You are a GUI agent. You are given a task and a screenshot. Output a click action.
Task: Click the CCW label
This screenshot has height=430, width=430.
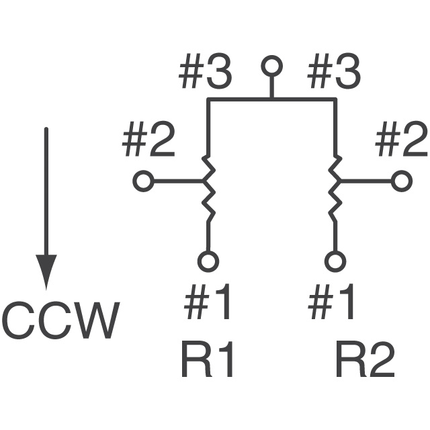pyautogui.click(x=61, y=320)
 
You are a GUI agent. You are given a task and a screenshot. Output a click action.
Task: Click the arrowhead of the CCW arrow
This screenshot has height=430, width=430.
pyautogui.click(x=46, y=271)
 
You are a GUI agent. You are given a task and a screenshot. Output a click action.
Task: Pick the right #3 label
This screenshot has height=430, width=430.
pyautogui.click(x=333, y=74)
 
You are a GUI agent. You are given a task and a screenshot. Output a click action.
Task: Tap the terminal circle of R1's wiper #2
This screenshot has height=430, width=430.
pyautogui.click(x=142, y=181)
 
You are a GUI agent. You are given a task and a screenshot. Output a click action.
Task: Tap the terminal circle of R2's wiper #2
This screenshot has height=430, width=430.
pyautogui.click(x=401, y=181)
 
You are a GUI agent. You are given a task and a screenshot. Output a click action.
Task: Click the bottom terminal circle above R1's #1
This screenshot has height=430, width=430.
pyautogui.click(x=208, y=260)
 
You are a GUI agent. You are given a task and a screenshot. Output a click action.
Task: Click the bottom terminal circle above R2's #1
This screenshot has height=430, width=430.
pyautogui.click(x=334, y=260)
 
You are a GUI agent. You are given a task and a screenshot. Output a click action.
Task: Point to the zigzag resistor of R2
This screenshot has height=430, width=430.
pyautogui.click(x=334, y=188)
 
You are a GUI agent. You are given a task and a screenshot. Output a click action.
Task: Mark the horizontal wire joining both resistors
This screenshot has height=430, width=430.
pyautogui.click(x=271, y=99)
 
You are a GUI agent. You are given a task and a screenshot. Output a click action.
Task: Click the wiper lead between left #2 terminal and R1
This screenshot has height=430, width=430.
pyautogui.click(x=175, y=181)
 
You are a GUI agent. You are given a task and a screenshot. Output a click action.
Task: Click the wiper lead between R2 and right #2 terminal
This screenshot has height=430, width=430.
pyautogui.click(x=366, y=181)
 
